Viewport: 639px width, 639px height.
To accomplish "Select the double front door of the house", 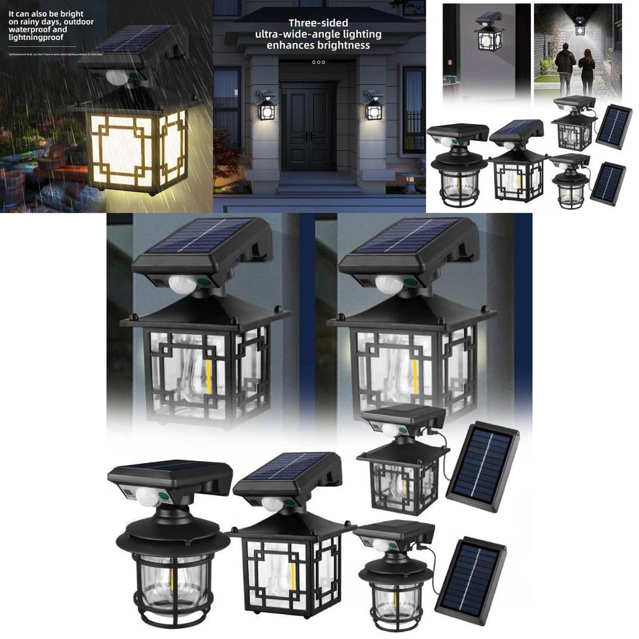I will pos(308,128).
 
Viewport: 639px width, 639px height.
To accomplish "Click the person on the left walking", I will pos(565,69).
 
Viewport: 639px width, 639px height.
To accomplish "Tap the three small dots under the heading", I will pos(318,62).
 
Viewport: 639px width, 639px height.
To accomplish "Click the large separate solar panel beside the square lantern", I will pos(483,467).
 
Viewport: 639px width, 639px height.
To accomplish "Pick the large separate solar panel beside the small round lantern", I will pos(471,580).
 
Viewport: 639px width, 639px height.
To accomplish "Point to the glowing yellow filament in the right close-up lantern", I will pos(414,374).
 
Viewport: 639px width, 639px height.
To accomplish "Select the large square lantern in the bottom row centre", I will pos(290,565).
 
